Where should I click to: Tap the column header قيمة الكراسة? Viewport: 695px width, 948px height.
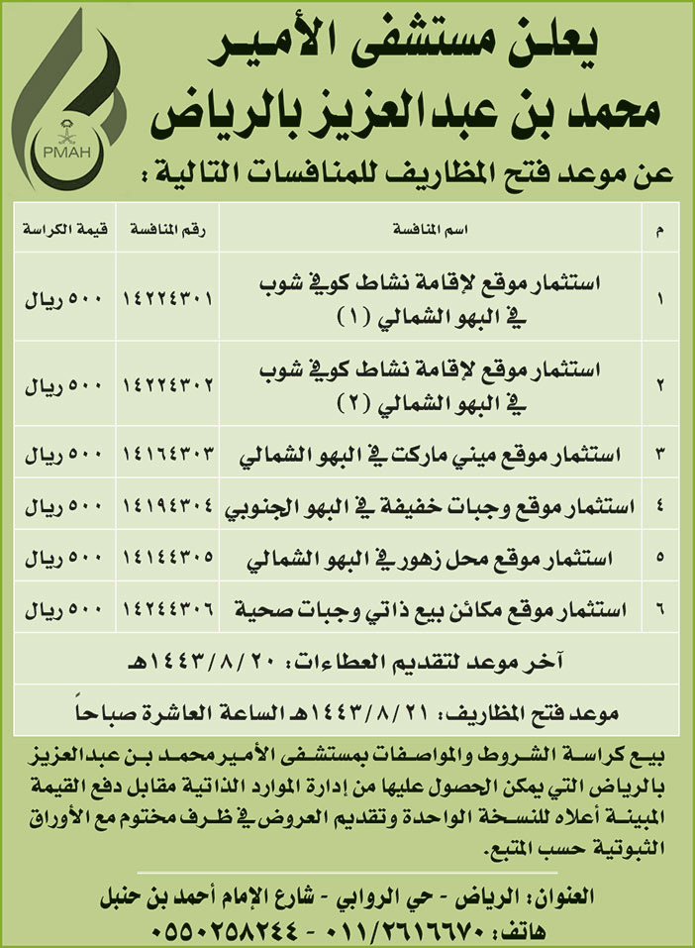click(x=60, y=230)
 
